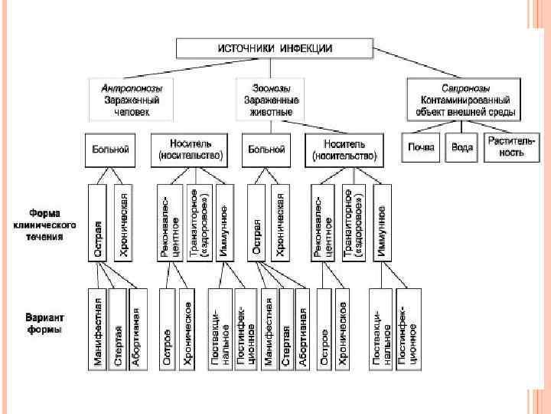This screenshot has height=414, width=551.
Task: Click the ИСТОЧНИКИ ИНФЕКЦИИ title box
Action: click(275, 48)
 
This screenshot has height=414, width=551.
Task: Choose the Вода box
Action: click(462, 147)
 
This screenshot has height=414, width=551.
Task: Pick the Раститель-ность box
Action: click(504, 147)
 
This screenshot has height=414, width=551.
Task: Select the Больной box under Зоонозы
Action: click(267, 149)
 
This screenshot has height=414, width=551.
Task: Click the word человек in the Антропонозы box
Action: click(126, 112)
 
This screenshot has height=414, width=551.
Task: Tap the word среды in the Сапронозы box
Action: click(503, 112)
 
